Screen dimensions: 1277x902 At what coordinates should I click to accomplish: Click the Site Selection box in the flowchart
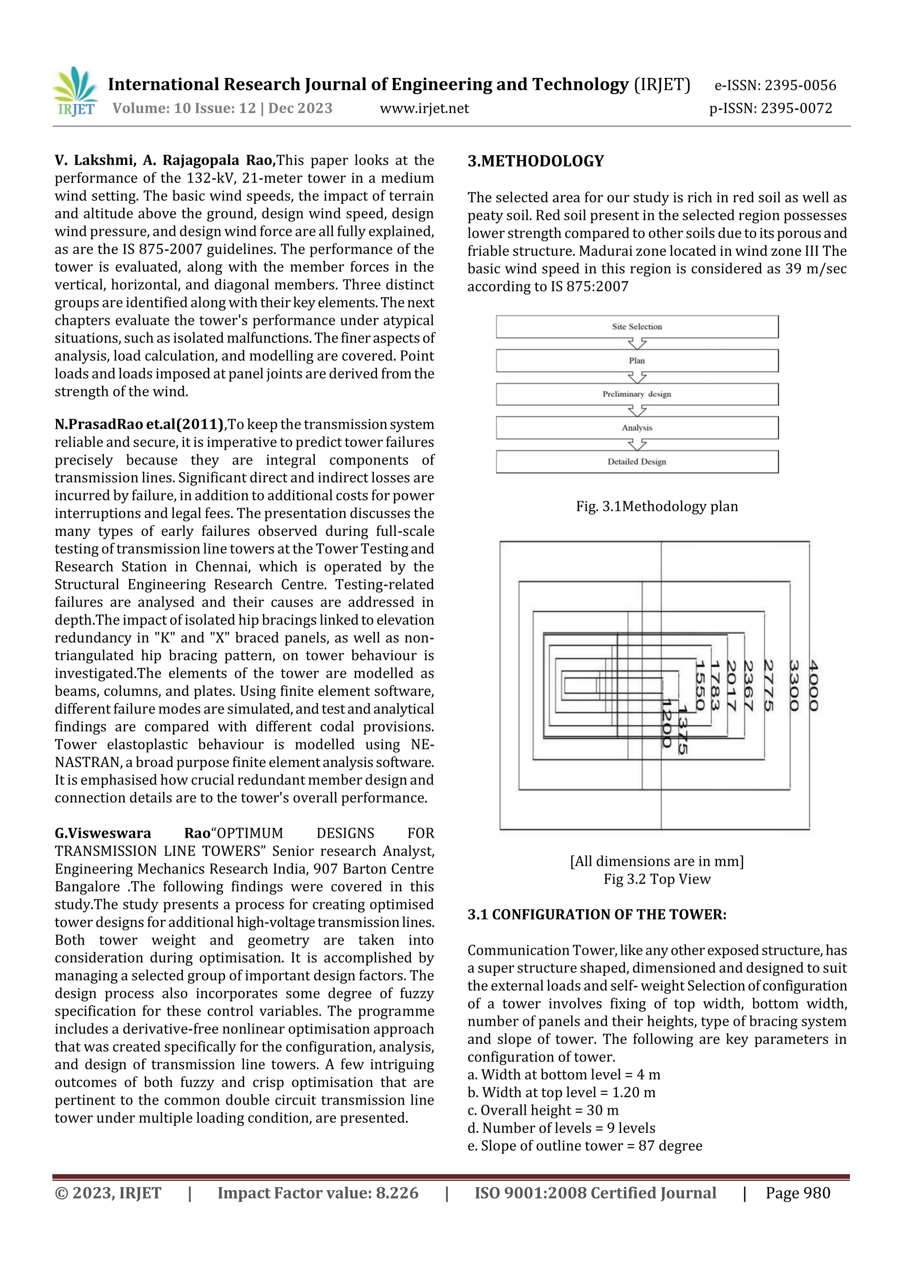point(637,327)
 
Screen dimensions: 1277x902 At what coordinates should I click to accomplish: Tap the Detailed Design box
point(637,462)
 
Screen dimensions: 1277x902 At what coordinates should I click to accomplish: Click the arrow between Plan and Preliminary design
point(637,378)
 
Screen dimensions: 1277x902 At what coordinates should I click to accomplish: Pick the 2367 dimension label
point(748,686)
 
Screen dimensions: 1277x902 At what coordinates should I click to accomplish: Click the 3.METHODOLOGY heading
point(536,161)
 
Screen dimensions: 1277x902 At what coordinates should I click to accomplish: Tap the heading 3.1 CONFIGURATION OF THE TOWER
point(597,915)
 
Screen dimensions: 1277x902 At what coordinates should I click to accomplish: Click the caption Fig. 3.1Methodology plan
point(657,506)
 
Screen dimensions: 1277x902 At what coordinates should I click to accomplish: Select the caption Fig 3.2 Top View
point(657,879)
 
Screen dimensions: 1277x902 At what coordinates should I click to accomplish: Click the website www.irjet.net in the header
point(424,108)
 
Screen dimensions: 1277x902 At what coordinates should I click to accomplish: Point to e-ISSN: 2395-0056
point(775,86)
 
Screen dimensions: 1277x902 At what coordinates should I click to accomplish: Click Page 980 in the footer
point(798,1193)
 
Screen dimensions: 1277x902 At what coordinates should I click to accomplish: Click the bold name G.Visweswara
point(103,833)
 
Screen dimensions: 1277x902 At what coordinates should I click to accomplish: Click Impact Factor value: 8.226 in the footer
point(318,1193)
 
